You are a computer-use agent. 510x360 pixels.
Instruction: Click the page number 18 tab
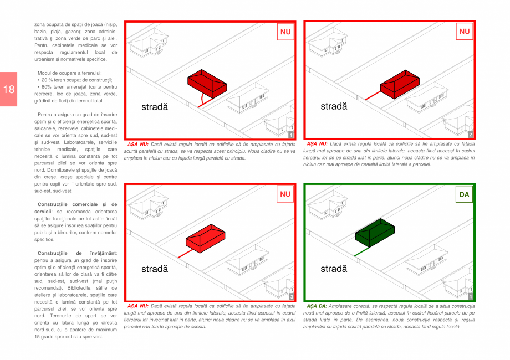click(x=8, y=89)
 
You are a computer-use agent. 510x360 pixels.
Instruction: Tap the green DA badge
click(x=464, y=194)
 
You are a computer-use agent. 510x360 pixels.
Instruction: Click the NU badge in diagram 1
click(x=285, y=32)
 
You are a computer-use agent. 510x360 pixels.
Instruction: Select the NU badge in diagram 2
click(x=465, y=32)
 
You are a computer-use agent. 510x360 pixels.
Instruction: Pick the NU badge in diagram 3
click(x=285, y=194)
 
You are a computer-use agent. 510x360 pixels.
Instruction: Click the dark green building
click(x=375, y=233)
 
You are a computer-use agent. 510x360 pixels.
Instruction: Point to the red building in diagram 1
click(x=207, y=83)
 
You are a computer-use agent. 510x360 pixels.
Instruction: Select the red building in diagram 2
click(x=400, y=84)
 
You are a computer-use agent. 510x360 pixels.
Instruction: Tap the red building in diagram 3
click(x=206, y=238)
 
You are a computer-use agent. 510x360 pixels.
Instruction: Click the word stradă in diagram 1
click(x=155, y=107)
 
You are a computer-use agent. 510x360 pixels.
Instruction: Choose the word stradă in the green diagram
click(x=334, y=269)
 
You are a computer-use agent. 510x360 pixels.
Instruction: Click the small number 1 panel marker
click(x=291, y=135)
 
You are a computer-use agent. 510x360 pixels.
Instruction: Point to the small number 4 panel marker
click(x=470, y=296)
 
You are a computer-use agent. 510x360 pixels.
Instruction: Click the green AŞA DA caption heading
click(x=317, y=306)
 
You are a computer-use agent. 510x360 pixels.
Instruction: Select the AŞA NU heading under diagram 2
click(x=317, y=143)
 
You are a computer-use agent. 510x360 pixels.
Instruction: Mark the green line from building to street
click(x=361, y=252)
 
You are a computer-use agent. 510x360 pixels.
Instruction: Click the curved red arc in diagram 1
click(x=202, y=98)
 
